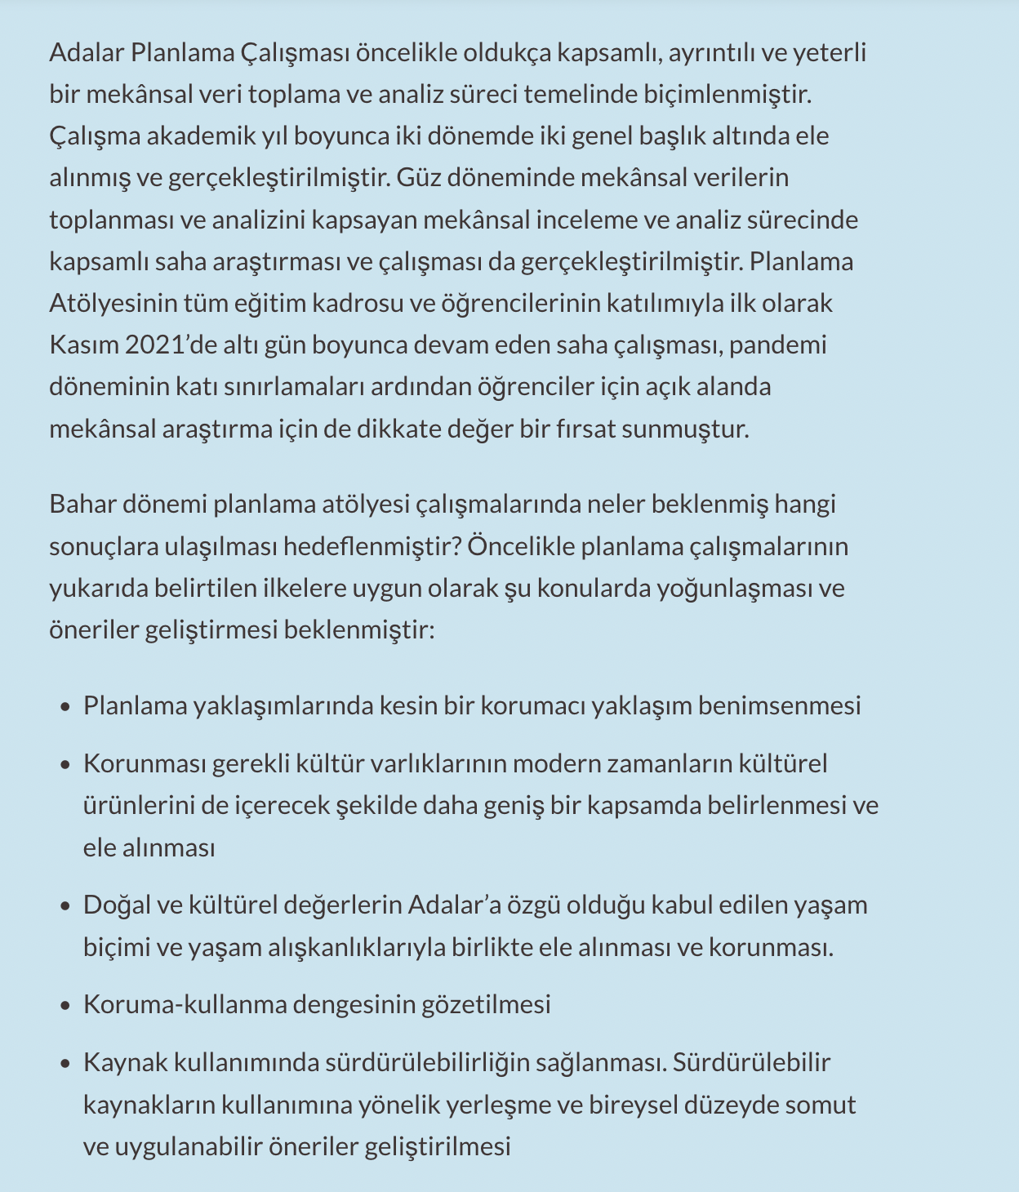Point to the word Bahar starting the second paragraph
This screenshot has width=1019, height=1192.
(x=82, y=504)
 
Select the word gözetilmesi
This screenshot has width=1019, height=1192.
(x=486, y=1003)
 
